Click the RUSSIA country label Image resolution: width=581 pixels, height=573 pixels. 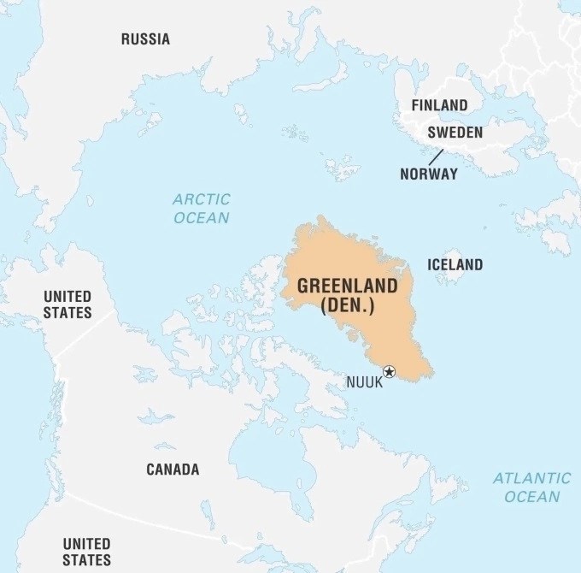click(x=145, y=38)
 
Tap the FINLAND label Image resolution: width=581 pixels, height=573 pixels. click(x=439, y=105)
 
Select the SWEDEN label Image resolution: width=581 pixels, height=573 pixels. click(x=455, y=133)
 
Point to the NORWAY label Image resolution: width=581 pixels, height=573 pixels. click(x=428, y=174)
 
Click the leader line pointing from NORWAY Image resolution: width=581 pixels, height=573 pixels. click(x=436, y=157)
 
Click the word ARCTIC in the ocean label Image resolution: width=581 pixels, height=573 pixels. click(x=202, y=199)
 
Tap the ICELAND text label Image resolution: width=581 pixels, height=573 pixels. click(x=455, y=264)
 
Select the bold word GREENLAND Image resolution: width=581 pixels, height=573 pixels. click(x=347, y=286)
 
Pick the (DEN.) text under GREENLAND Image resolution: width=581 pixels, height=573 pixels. click(x=347, y=306)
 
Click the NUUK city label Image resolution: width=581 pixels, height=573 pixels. click(x=364, y=382)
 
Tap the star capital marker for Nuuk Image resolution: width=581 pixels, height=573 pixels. click(x=390, y=371)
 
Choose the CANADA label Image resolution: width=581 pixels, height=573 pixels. click(x=173, y=470)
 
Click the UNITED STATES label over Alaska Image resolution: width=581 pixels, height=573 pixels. click(x=67, y=304)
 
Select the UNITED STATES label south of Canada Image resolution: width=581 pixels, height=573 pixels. click(x=86, y=552)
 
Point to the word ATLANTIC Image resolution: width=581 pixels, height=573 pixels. click(x=531, y=478)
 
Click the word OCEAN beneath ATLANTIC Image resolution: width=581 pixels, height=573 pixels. click(x=531, y=497)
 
